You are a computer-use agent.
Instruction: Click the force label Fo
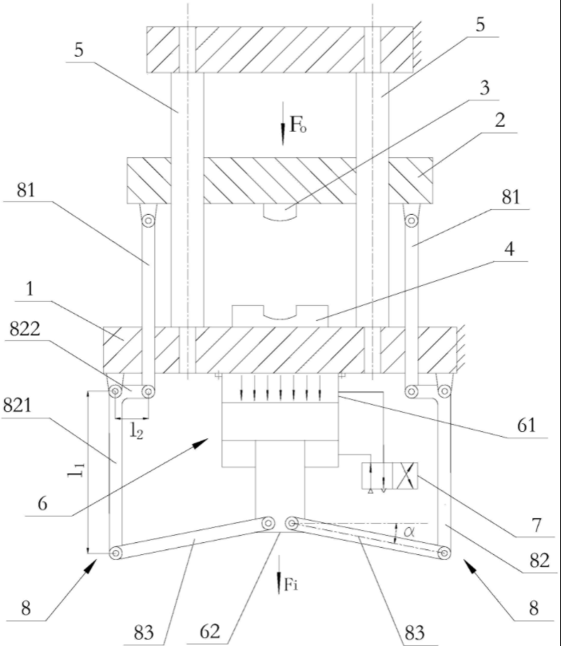[298, 125]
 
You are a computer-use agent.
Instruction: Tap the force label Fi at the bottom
[291, 585]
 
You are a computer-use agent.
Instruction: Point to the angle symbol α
[409, 532]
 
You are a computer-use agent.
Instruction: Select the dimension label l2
[137, 430]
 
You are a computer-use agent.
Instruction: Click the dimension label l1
[77, 470]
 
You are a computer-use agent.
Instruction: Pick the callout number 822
[25, 329]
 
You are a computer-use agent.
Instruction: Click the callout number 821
[18, 405]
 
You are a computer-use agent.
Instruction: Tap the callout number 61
[527, 425]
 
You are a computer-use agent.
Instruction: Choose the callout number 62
[210, 631]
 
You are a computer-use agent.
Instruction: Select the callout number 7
[536, 525]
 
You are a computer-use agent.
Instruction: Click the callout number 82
[539, 561]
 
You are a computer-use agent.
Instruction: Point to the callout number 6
[42, 503]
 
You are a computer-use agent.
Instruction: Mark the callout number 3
[485, 87]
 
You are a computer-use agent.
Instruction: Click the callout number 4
[510, 249]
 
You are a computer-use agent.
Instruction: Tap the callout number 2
[499, 121]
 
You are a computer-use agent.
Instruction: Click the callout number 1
[30, 289]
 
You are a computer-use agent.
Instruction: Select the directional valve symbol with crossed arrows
[389, 476]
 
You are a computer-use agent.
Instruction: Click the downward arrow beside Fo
[283, 124]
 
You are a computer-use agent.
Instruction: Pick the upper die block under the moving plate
[280, 212]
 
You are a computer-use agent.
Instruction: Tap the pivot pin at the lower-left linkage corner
[115, 553]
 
